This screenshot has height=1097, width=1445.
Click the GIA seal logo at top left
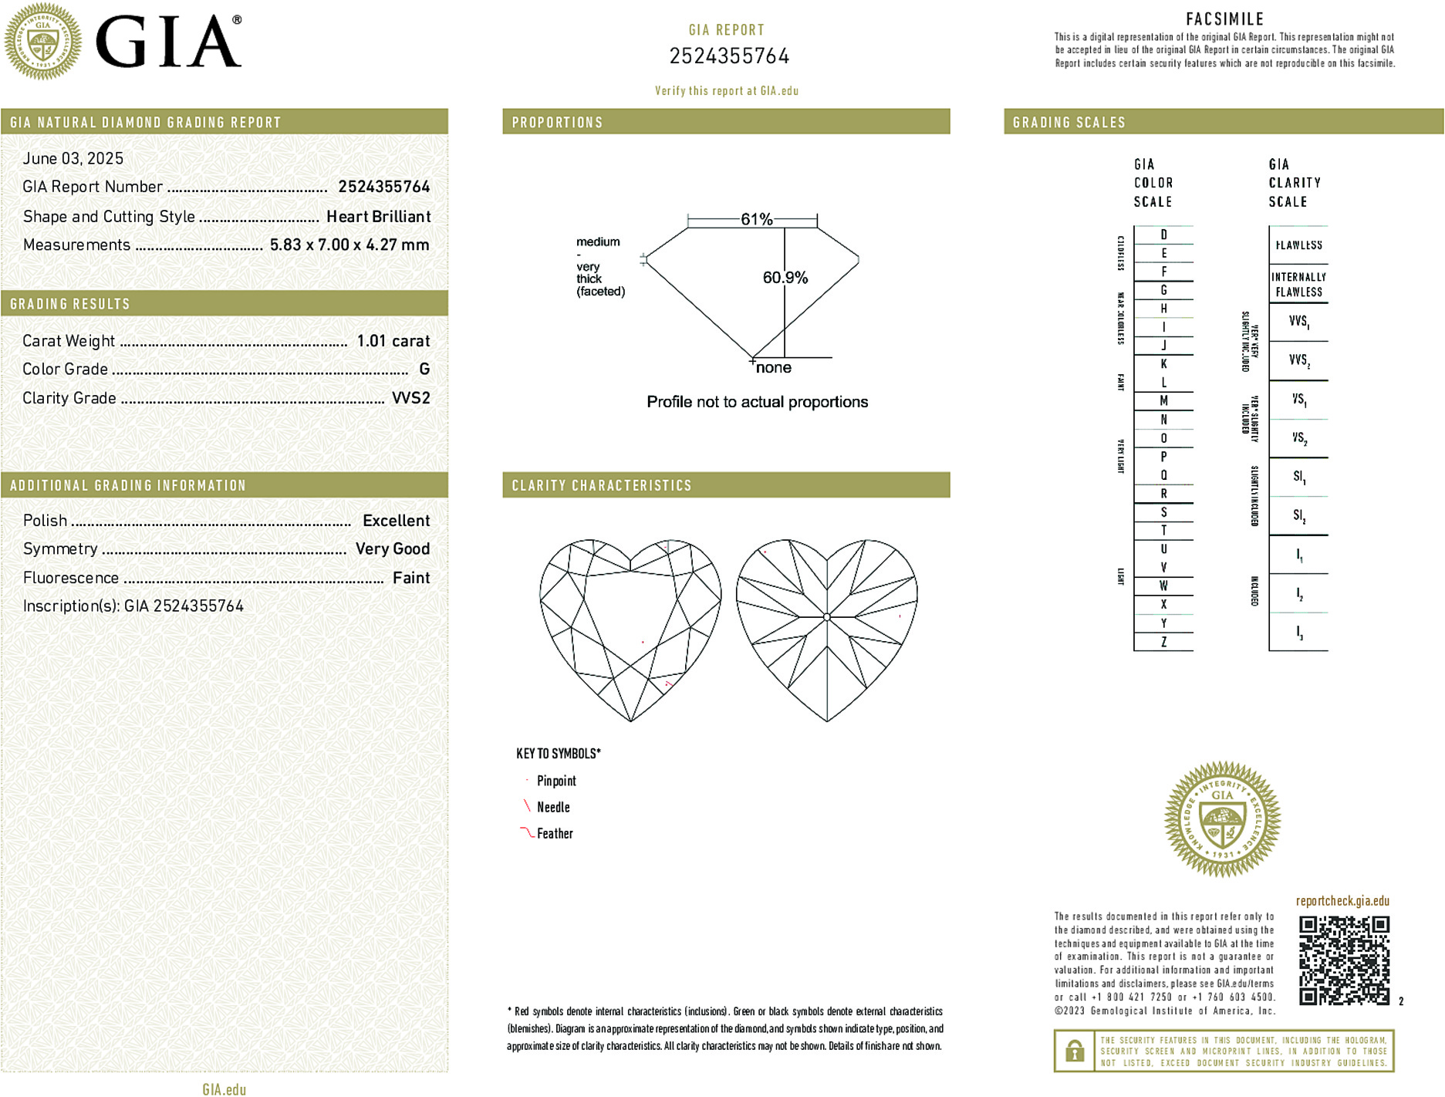(x=42, y=41)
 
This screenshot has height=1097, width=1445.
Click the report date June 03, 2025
(x=73, y=158)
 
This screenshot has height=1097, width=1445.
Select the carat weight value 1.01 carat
(x=393, y=341)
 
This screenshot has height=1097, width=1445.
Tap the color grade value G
(x=424, y=370)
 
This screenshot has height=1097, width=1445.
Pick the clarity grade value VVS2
(x=411, y=398)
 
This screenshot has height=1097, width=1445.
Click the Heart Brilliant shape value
(x=378, y=217)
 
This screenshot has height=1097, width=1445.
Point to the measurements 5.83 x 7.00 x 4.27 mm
(x=349, y=245)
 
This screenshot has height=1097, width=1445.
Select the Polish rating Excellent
(x=396, y=521)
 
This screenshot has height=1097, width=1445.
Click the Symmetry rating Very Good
(x=392, y=549)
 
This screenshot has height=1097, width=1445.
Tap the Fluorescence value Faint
(x=411, y=578)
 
